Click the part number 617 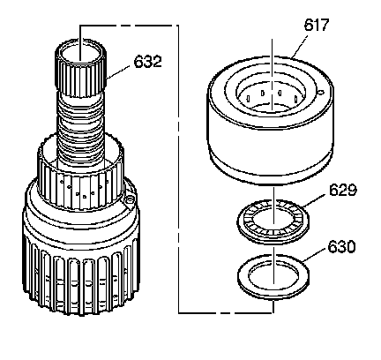click(316, 25)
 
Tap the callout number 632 click(148, 62)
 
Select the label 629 click(343, 190)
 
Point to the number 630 click(341, 247)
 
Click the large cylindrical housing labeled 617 click(270, 120)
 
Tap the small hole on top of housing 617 click(321, 93)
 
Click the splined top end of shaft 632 click(80, 68)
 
